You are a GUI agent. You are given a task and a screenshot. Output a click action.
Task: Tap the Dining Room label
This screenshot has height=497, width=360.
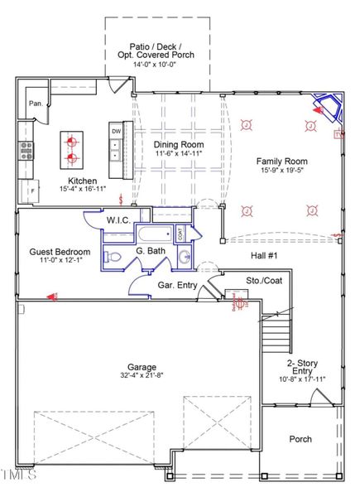tap(179, 143)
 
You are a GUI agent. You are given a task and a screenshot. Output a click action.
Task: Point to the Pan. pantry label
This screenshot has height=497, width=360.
tap(36, 104)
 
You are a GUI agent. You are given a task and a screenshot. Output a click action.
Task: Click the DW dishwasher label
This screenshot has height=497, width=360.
tap(116, 131)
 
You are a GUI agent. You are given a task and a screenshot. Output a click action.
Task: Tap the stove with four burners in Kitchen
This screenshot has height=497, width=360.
tap(26, 150)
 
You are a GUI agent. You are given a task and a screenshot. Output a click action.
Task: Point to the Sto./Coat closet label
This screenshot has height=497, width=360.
tap(264, 281)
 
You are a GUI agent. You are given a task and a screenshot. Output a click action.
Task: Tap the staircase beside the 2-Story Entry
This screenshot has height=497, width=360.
tap(277, 339)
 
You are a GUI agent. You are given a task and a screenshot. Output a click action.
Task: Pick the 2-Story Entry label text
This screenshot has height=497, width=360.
tap(307, 369)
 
